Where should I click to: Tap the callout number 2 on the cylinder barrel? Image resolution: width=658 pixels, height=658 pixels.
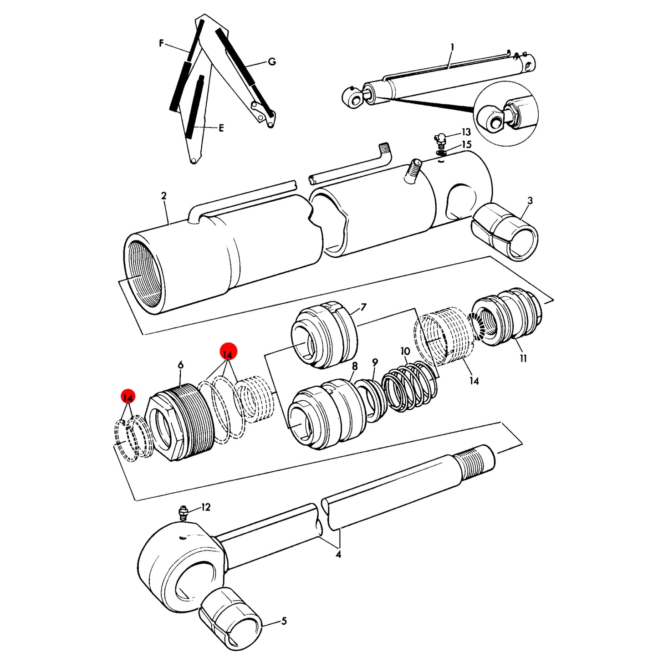[x=164, y=196]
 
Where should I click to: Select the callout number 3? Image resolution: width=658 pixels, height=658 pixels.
[x=530, y=200]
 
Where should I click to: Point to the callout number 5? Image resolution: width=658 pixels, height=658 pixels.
[x=284, y=621]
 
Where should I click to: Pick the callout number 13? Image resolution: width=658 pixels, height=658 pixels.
[x=466, y=132]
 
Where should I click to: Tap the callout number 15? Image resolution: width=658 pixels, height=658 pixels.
[x=466, y=144]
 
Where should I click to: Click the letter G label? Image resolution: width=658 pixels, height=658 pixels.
[x=272, y=62]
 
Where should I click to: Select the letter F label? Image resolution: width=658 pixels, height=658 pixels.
[x=162, y=43]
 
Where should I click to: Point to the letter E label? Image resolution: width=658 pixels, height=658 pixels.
[x=221, y=128]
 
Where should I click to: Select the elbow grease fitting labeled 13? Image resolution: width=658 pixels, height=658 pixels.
[x=440, y=138]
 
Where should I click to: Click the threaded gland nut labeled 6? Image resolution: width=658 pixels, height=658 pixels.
[x=180, y=421]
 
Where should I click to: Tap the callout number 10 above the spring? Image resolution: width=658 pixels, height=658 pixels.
[x=405, y=351]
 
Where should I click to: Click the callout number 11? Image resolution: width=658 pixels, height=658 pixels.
[x=523, y=358]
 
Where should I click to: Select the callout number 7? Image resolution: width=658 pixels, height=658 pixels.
[x=363, y=307]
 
